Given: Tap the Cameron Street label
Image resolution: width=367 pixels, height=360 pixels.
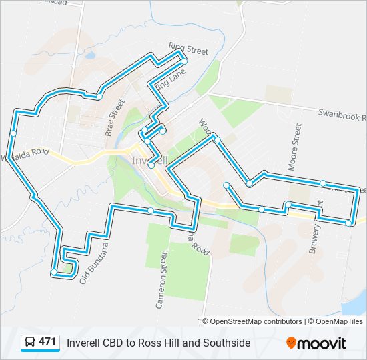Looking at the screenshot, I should tap(161, 280).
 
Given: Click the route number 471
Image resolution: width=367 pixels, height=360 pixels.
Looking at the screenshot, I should tap(47, 342).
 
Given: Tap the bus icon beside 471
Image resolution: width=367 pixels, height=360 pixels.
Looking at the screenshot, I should tap(31, 343).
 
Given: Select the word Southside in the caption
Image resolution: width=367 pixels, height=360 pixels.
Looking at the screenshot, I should tap(228, 343).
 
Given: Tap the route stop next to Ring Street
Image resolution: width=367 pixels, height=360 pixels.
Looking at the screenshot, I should tap(183, 61).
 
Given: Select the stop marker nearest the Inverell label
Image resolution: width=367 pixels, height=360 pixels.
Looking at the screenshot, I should tap(151, 165).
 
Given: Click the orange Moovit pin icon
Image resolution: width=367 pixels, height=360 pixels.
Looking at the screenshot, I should tap(291, 343).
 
